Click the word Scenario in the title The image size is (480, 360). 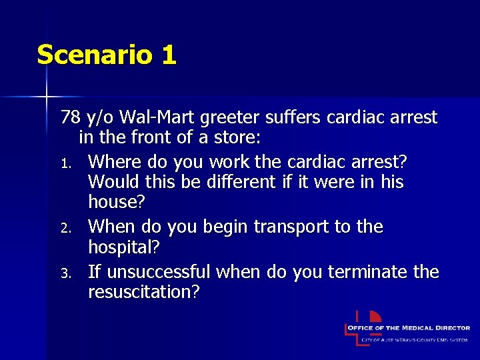tap(94, 55)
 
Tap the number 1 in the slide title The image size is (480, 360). tap(169, 55)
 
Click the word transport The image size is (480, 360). tap(293, 227)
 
